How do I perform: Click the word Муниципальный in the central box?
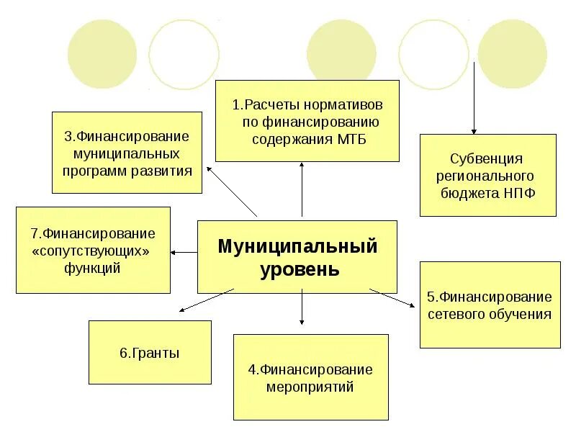coord(297,246)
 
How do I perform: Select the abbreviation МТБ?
coord(352,139)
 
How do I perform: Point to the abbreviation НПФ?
coord(519,192)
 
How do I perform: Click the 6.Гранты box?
coord(150,353)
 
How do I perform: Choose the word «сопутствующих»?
coord(94,251)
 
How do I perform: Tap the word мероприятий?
coord(310,387)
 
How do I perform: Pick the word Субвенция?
coord(487,158)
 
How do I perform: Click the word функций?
coord(94,269)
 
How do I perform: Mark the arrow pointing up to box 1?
coord(302,189)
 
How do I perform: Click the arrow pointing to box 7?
coord(184,252)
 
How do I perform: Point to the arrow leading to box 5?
coord(392,299)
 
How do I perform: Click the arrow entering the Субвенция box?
coord(474,101)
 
